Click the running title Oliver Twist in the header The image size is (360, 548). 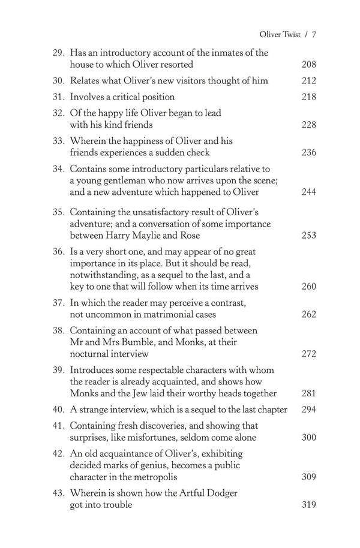pyautogui.click(x=277, y=34)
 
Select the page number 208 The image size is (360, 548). pyautogui.click(x=308, y=64)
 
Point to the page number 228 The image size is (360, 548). pyautogui.click(x=308, y=124)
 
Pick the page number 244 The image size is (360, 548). pyautogui.click(x=308, y=192)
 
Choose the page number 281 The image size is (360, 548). pyautogui.click(x=308, y=393)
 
